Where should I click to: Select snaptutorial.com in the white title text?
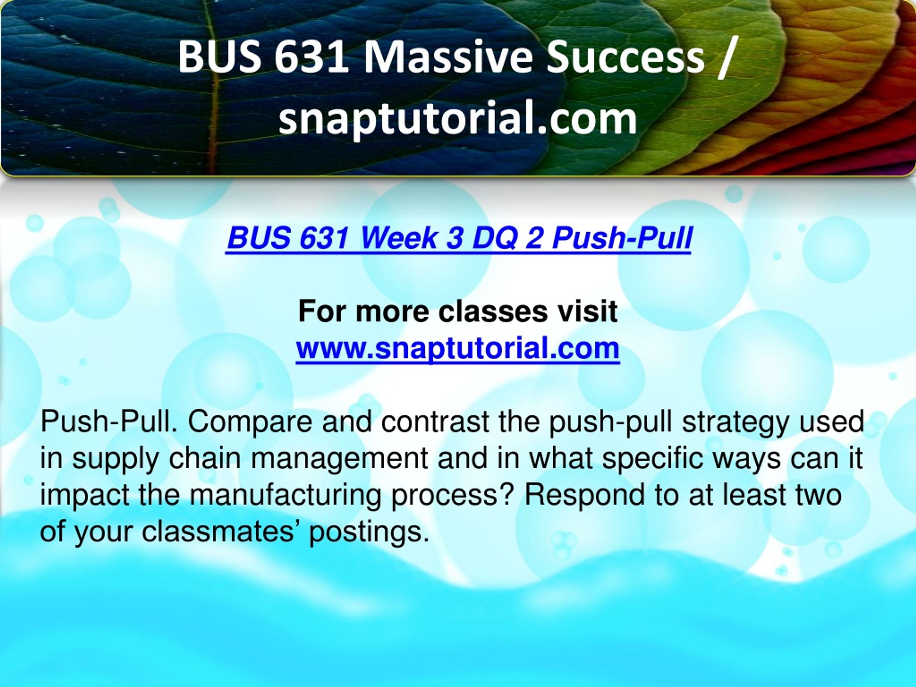click(458, 119)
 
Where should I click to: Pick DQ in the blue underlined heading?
click(494, 239)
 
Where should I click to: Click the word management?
click(340, 461)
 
